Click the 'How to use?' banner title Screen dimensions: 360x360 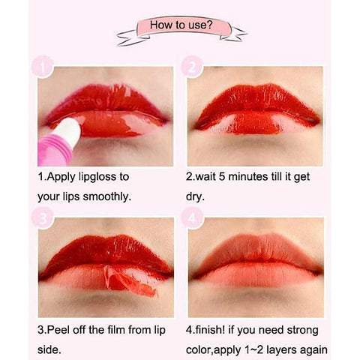coord(181,25)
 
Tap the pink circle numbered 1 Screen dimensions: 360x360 coord(43,67)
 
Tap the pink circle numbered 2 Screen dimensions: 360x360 coord(192,67)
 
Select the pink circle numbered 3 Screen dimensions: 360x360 coord(43,218)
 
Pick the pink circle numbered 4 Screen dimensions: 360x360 coord(192,218)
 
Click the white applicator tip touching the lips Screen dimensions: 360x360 coord(69,132)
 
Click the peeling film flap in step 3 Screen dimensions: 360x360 coord(130,280)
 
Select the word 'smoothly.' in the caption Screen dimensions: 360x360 coord(107,196)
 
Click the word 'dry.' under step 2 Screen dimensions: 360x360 coord(195,197)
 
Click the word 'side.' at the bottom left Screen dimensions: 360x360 coord(49,349)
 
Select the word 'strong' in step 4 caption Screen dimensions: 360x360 coord(302,331)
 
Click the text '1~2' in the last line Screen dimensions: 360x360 coord(254,350)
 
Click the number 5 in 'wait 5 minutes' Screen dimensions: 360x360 coord(222,177)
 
